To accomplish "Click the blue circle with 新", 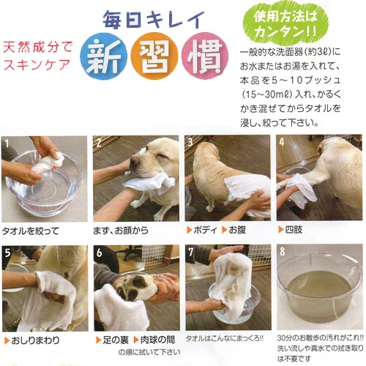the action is [x=104, y=56].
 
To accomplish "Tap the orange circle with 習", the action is [x=154, y=56].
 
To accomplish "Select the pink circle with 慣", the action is [x=205, y=56].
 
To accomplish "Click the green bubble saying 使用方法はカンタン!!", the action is [x=285, y=24].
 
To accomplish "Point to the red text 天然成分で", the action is [x=38, y=47].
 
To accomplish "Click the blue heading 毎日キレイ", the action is [x=153, y=20].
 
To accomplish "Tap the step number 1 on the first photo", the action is [x=7, y=143].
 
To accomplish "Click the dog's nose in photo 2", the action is [x=135, y=161].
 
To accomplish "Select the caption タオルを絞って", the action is [x=31, y=231].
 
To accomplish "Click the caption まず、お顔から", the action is [x=121, y=230].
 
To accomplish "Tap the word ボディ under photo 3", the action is [x=205, y=230].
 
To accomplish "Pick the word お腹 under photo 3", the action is [x=237, y=230].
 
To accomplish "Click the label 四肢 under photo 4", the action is [x=294, y=229].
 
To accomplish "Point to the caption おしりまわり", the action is [x=35, y=340].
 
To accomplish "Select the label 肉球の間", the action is [x=157, y=340].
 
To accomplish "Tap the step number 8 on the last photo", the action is [x=283, y=252].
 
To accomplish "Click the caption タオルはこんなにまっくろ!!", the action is [x=225, y=338].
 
